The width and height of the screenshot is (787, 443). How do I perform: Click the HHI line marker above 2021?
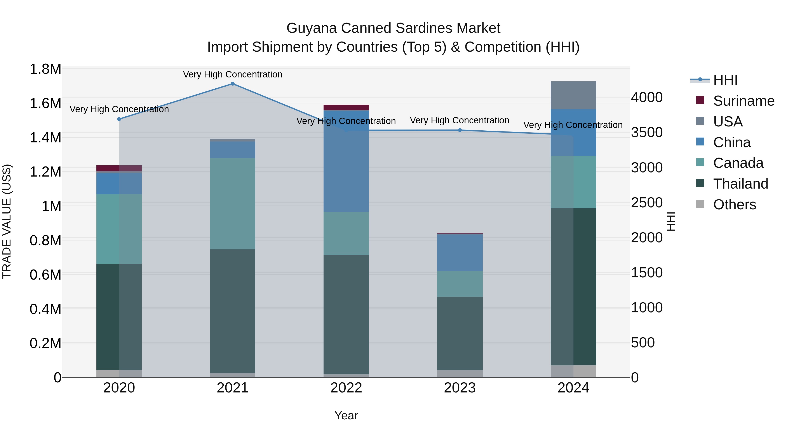[x=233, y=84]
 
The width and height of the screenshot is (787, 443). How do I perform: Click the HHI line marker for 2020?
[x=119, y=119]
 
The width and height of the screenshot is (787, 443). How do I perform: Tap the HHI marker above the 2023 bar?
[x=460, y=130]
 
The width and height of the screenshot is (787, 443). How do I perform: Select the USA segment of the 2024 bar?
[x=573, y=95]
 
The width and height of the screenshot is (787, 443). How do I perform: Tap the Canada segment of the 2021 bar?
[x=233, y=203]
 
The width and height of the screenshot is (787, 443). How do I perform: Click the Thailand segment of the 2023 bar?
[x=460, y=333]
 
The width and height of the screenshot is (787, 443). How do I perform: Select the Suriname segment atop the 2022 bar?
[x=346, y=107]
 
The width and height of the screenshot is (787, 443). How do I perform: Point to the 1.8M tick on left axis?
[x=45, y=69]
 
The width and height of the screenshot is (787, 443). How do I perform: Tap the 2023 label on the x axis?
[x=460, y=388]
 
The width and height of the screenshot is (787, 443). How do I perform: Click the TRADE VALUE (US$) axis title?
[x=7, y=221]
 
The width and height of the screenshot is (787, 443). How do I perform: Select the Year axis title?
[x=346, y=415]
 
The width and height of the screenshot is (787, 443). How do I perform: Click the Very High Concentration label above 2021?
[x=233, y=74]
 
